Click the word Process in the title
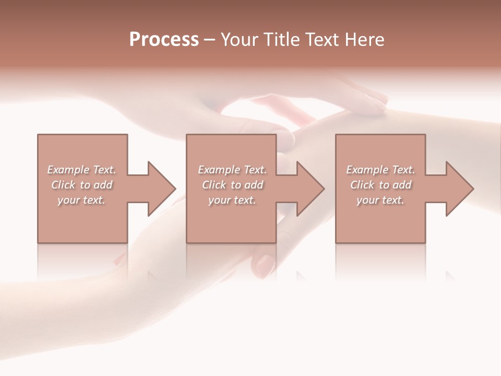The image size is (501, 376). (164, 40)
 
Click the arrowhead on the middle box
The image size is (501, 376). (310, 189)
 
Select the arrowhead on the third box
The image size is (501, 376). (459, 189)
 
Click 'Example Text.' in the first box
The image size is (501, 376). (82, 170)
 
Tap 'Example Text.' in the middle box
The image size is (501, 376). (232, 170)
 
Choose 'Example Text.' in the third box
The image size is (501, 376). (380, 170)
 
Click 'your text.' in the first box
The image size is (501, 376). (81, 200)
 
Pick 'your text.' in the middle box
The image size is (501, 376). (232, 200)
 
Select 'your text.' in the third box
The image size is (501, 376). (380, 200)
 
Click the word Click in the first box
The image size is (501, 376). (63, 185)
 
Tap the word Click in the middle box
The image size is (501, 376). (214, 185)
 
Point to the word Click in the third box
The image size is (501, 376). (362, 185)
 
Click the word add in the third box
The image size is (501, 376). (402, 185)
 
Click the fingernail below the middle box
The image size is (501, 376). (265, 265)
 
